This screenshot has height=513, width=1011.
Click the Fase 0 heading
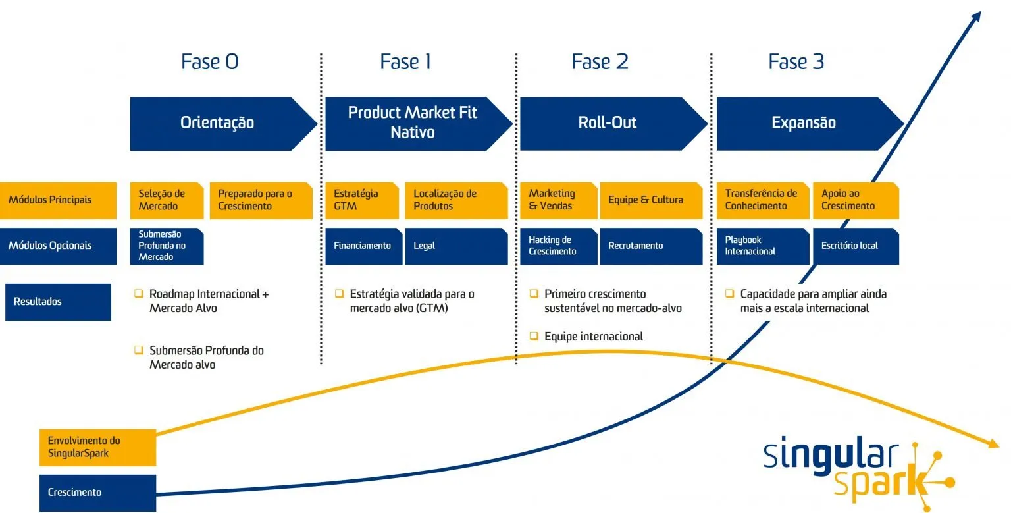(x=209, y=62)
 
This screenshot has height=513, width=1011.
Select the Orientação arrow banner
(x=217, y=123)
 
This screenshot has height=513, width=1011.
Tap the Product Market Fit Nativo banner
(x=413, y=122)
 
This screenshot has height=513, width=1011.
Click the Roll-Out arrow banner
(x=608, y=123)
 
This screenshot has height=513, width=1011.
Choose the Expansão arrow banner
(x=804, y=123)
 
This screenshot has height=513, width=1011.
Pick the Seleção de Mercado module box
(x=167, y=200)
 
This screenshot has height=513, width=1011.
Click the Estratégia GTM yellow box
(x=361, y=200)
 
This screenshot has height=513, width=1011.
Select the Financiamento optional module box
(x=363, y=246)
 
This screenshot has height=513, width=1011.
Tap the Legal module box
(x=455, y=246)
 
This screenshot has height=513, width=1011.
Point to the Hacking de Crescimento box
(x=558, y=246)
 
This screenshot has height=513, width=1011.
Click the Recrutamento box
(x=650, y=246)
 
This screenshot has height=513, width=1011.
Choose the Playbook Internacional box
(x=762, y=246)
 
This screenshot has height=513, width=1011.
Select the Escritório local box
(x=855, y=246)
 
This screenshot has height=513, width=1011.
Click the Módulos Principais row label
(x=58, y=200)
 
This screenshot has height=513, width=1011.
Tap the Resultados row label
(x=58, y=302)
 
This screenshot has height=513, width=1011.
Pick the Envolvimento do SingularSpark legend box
(x=97, y=447)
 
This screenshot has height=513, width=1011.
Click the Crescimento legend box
(x=97, y=493)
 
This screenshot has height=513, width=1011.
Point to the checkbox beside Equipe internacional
(x=534, y=337)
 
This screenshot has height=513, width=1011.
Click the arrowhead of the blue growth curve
(x=975, y=16)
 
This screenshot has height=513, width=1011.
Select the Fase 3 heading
(x=796, y=62)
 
